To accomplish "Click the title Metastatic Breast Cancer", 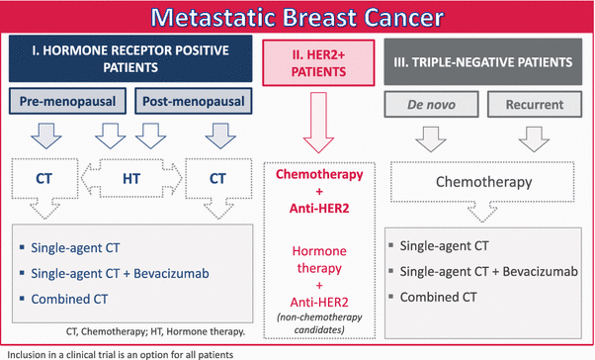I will (297, 18).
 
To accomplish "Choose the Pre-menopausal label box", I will (71, 102).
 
